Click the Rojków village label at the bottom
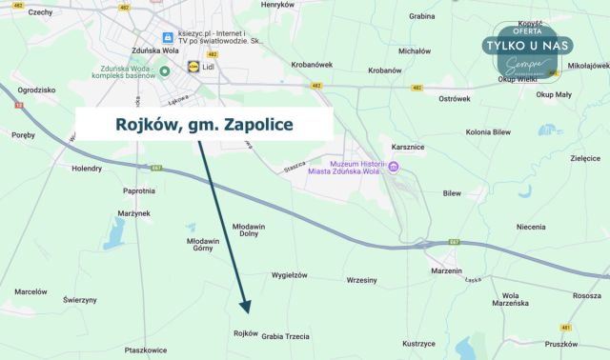245,333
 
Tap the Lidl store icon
194,68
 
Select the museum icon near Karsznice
394,168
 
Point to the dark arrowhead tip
247,312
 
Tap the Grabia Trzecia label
285,336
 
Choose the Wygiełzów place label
290,275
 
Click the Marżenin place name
446,270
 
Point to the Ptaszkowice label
146,350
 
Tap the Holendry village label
87,168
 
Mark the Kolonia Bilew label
490,132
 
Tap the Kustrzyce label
418,343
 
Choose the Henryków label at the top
277,5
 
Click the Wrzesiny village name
362,280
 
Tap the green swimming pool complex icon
164,71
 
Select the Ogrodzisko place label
37,90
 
